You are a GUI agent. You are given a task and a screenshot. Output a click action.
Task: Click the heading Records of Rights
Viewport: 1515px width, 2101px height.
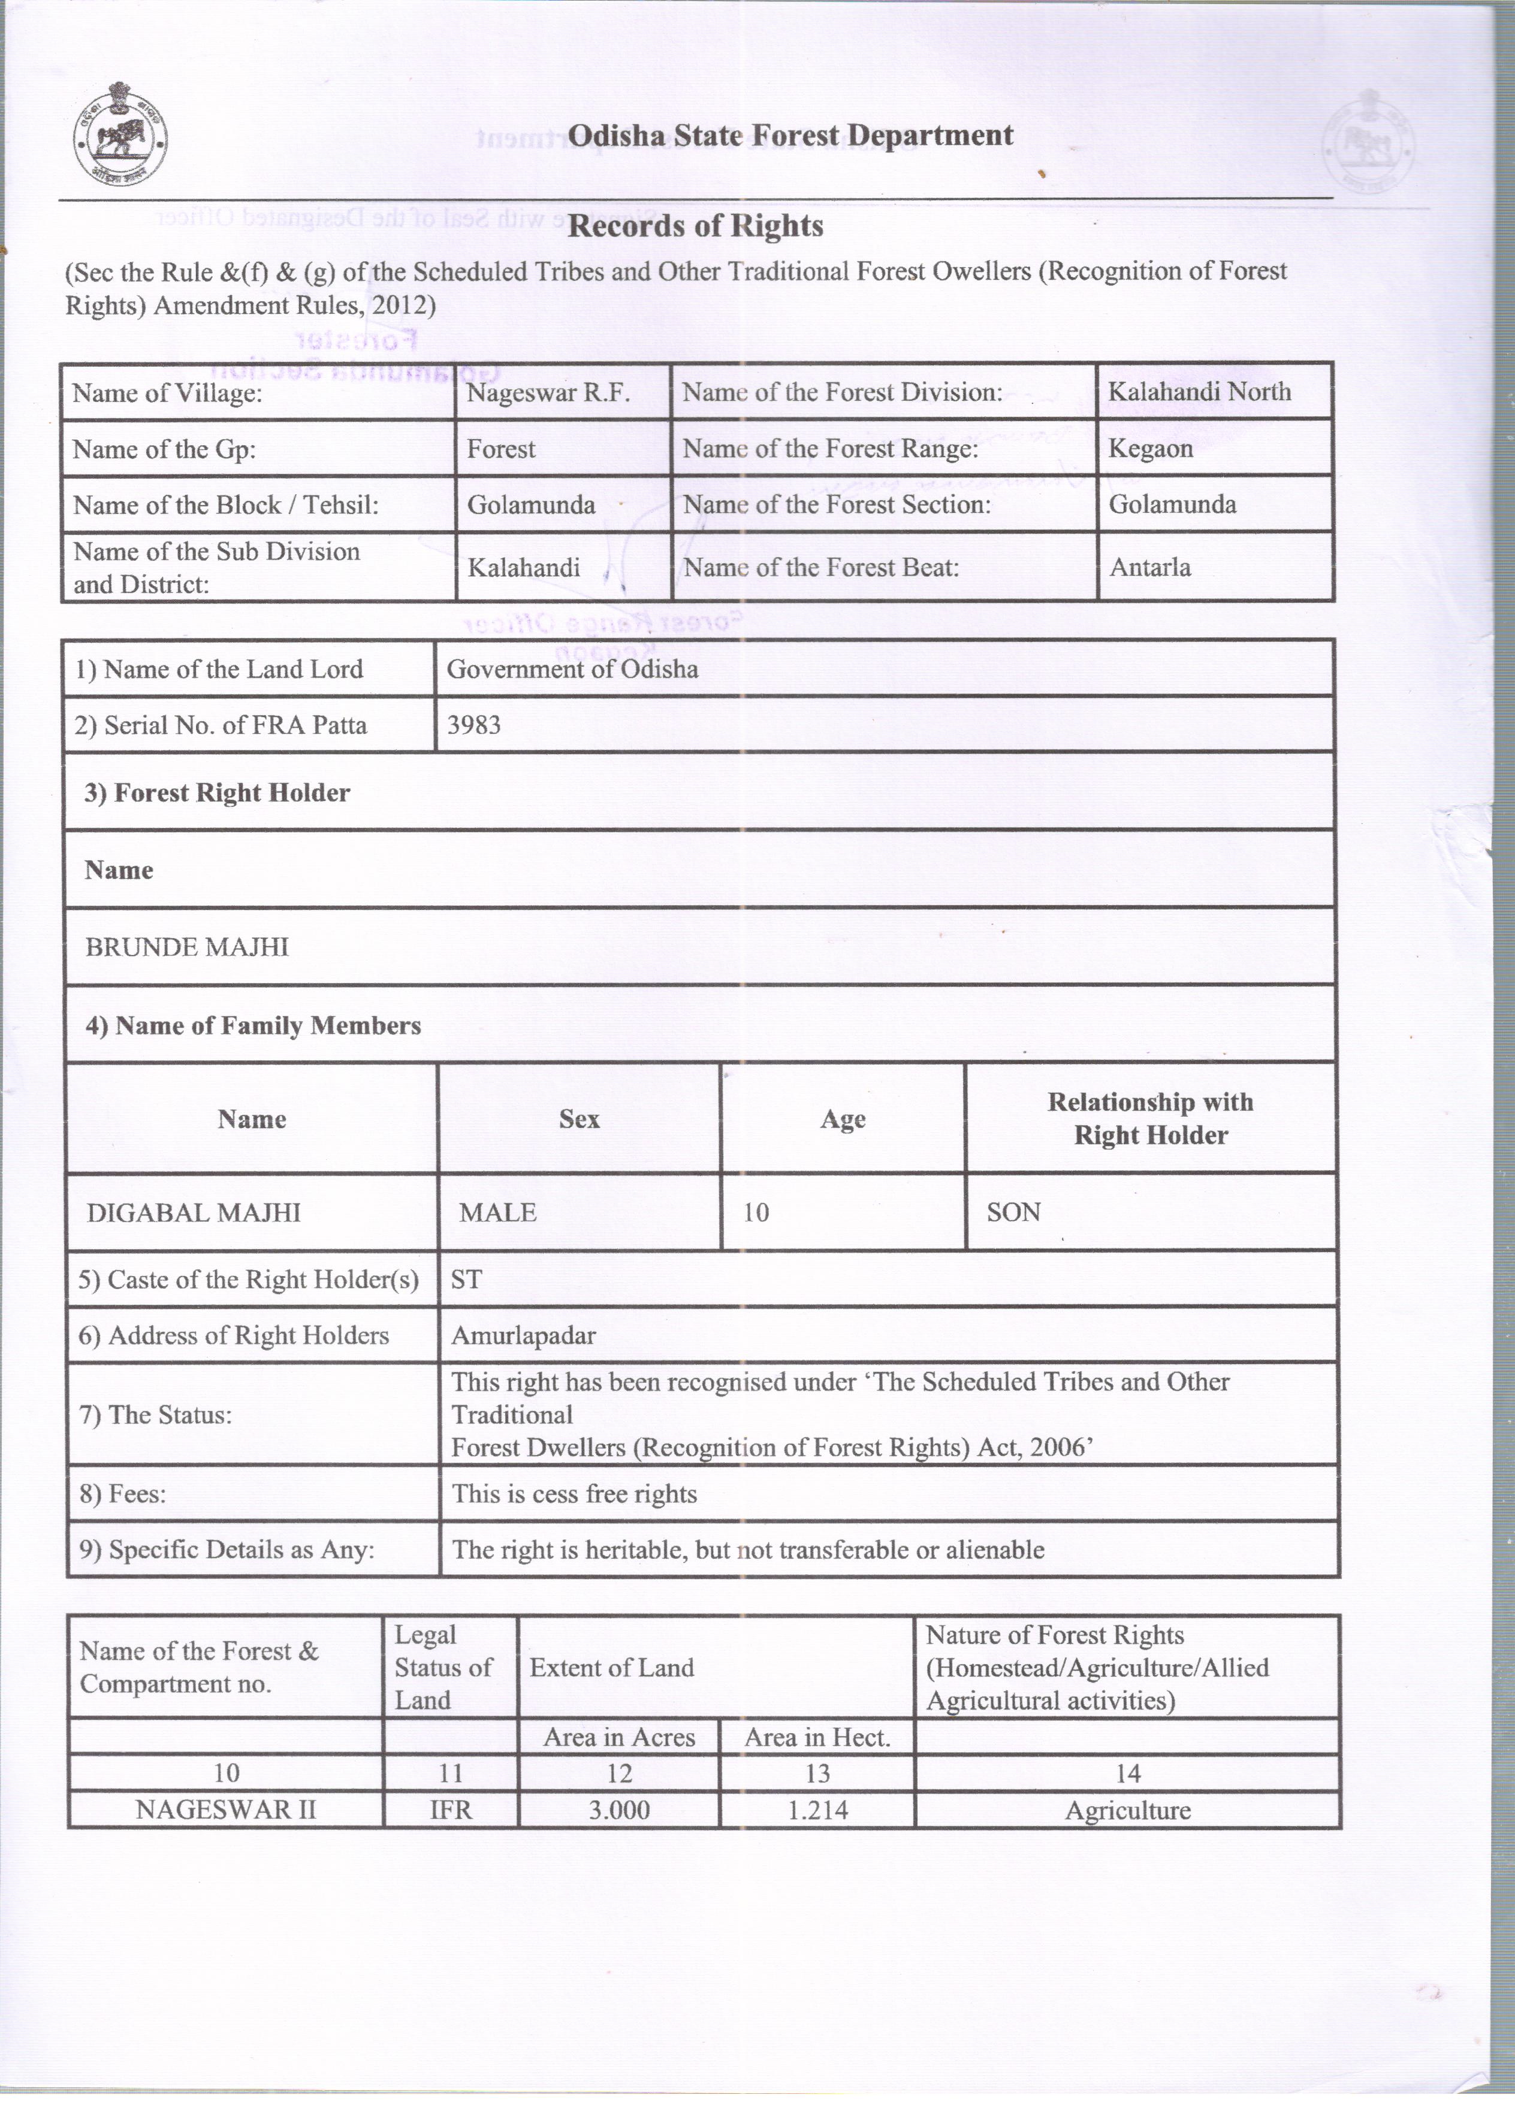coord(695,226)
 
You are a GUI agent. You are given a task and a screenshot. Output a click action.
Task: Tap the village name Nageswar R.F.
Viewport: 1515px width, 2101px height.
coord(548,393)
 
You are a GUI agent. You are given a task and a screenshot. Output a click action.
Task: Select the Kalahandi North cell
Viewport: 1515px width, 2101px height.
coord(1199,391)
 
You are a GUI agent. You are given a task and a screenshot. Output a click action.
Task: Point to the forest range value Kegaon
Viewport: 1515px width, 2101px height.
coord(1150,449)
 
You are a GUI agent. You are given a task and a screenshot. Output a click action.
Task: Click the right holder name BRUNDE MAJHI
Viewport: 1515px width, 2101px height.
coord(187,947)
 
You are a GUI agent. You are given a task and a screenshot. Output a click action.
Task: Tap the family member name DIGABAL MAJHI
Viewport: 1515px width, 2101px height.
coord(194,1213)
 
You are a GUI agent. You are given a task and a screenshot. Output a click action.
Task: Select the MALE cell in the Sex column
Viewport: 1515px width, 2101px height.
coord(497,1213)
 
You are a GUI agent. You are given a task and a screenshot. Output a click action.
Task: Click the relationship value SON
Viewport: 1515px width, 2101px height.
coord(1014,1213)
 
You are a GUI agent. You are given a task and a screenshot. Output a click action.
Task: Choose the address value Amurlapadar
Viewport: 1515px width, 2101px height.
coord(524,1336)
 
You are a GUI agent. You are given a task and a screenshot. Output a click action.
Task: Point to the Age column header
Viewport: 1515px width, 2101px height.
coord(842,1119)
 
